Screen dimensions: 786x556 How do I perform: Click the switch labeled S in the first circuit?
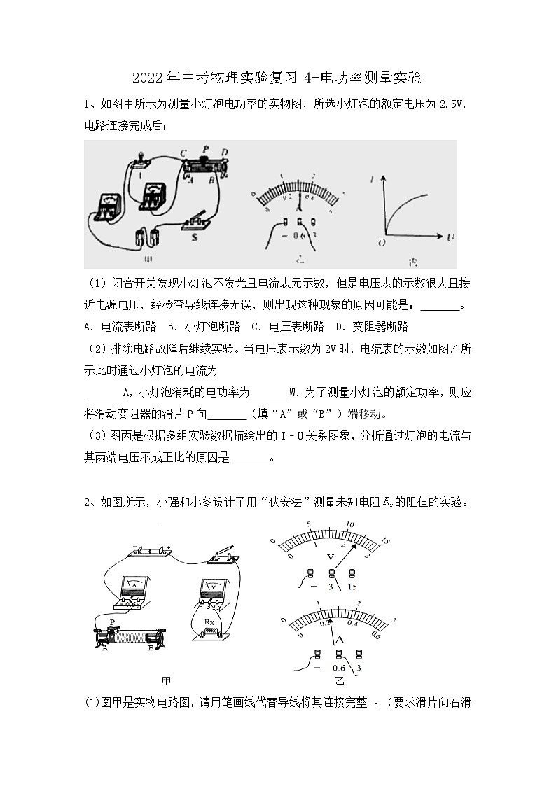[x=195, y=222]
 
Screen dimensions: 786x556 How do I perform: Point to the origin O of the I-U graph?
[x=382, y=242]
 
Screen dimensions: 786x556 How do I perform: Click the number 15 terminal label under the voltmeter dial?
[x=352, y=587]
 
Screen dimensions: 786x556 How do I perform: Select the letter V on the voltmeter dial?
[x=331, y=556]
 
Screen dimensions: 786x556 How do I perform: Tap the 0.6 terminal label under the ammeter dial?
[x=339, y=667]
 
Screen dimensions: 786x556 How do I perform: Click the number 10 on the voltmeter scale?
[x=349, y=525]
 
